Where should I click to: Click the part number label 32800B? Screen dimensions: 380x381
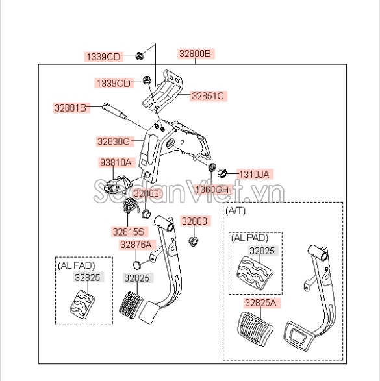[x=195, y=54]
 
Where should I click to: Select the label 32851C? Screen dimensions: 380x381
[x=208, y=96]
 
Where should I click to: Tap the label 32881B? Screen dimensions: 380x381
[x=71, y=108]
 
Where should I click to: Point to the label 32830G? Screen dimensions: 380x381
[x=114, y=141]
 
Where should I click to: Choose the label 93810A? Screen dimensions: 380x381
[x=116, y=162]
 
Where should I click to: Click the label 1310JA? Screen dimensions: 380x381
[x=254, y=174]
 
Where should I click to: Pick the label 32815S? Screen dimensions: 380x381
[x=129, y=232]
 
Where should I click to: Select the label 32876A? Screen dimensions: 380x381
[x=136, y=245]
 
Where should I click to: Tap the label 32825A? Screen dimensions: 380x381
[x=260, y=303]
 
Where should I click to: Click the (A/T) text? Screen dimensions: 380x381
[x=235, y=211]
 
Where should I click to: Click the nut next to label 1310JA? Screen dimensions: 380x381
[x=222, y=173]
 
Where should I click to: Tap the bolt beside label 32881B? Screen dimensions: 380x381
[x=115, y=111]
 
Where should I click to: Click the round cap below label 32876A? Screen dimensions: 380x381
[x=137, y=265]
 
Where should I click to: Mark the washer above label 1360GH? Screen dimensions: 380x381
[x=212, y=167]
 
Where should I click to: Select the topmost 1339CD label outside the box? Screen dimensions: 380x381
[x=103, y=57]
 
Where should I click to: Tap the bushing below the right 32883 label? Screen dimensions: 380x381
[x=194, y=241]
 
